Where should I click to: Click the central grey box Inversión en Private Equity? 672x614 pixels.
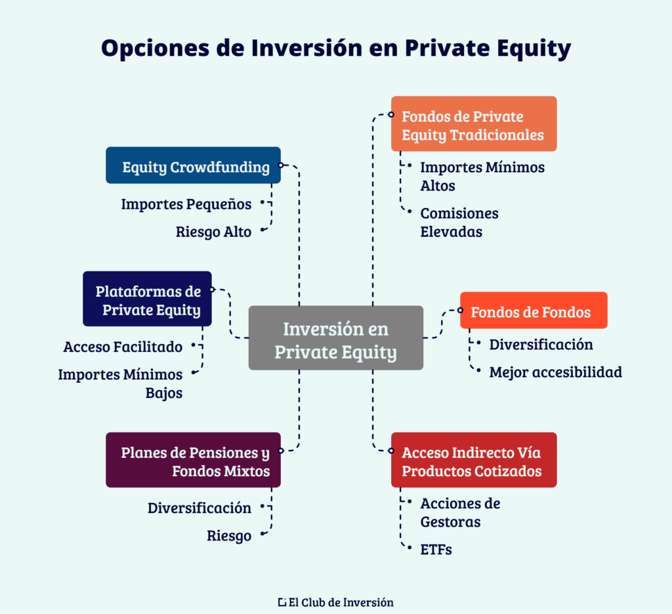click(x=335, y=338)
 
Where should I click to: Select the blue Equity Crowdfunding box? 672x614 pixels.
click(x=193, y=165)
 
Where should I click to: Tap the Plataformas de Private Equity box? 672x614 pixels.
click(x=147, y=299)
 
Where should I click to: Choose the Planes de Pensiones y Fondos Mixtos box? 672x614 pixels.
click(x=193, y=460)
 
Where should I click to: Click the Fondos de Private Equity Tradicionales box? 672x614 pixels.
click(x=473, y=124)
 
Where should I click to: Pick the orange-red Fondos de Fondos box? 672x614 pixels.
click(x=533, y=311)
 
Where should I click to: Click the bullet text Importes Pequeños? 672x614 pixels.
click(x=186, y=204)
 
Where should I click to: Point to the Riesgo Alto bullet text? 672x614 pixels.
click(x=213, y=231)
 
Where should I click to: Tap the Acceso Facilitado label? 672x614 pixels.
click(x=123, y=346)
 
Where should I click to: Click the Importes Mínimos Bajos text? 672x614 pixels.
click(x=120, y=384)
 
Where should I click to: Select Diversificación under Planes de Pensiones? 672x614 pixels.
click(x=199, y=508)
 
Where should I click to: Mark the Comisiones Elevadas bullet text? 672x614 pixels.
click(x=459, y=223)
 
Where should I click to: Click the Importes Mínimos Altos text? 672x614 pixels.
click(x=482, y=177)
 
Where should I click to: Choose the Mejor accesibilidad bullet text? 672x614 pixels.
click(x=555, y=372)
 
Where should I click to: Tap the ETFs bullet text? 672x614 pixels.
click(x=436, y=550)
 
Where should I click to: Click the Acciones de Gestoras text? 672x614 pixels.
click(x=460, y=512)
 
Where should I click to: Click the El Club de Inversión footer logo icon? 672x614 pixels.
click(x=282, y=602)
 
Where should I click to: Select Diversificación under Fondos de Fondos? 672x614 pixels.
click(x=541, y=344)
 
